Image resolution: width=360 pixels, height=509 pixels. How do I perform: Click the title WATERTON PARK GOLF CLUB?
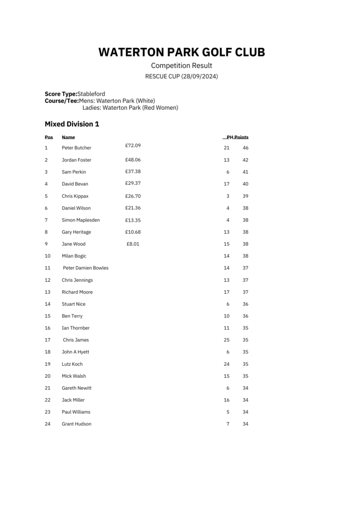tap(181, 52)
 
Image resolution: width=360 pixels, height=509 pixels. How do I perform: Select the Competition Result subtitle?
tap(181, 66)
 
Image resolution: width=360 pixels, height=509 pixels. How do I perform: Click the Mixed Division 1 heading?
tap(72, 124)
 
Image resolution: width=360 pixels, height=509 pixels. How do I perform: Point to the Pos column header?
tap(49, 137)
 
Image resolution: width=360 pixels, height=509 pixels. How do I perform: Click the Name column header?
tap(68, 137)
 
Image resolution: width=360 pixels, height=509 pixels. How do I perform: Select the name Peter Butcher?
tap(77, 148)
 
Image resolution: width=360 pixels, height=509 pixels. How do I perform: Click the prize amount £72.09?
tap(133, 145)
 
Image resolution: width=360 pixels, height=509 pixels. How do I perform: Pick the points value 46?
tap(246, 148)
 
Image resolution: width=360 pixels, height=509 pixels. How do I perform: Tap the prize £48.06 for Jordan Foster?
tap(133, 160)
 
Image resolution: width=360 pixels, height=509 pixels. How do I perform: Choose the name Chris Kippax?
tap(75, 196)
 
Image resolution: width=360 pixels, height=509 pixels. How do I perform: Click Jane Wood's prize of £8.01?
tap(133, 244)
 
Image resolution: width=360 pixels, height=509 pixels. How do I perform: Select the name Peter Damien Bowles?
tap(86, 268)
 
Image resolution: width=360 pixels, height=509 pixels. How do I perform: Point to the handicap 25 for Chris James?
tap(227, 340)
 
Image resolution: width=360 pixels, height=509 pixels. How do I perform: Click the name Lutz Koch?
tap(72, 364)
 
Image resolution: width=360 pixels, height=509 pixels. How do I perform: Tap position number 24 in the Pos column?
tap(48, 424)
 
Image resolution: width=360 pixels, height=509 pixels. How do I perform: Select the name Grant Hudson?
tap(77, 424)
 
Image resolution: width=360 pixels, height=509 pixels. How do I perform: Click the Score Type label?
tap(61, 94)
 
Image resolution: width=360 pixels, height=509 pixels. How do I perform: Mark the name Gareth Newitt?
tap(77, 388)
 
